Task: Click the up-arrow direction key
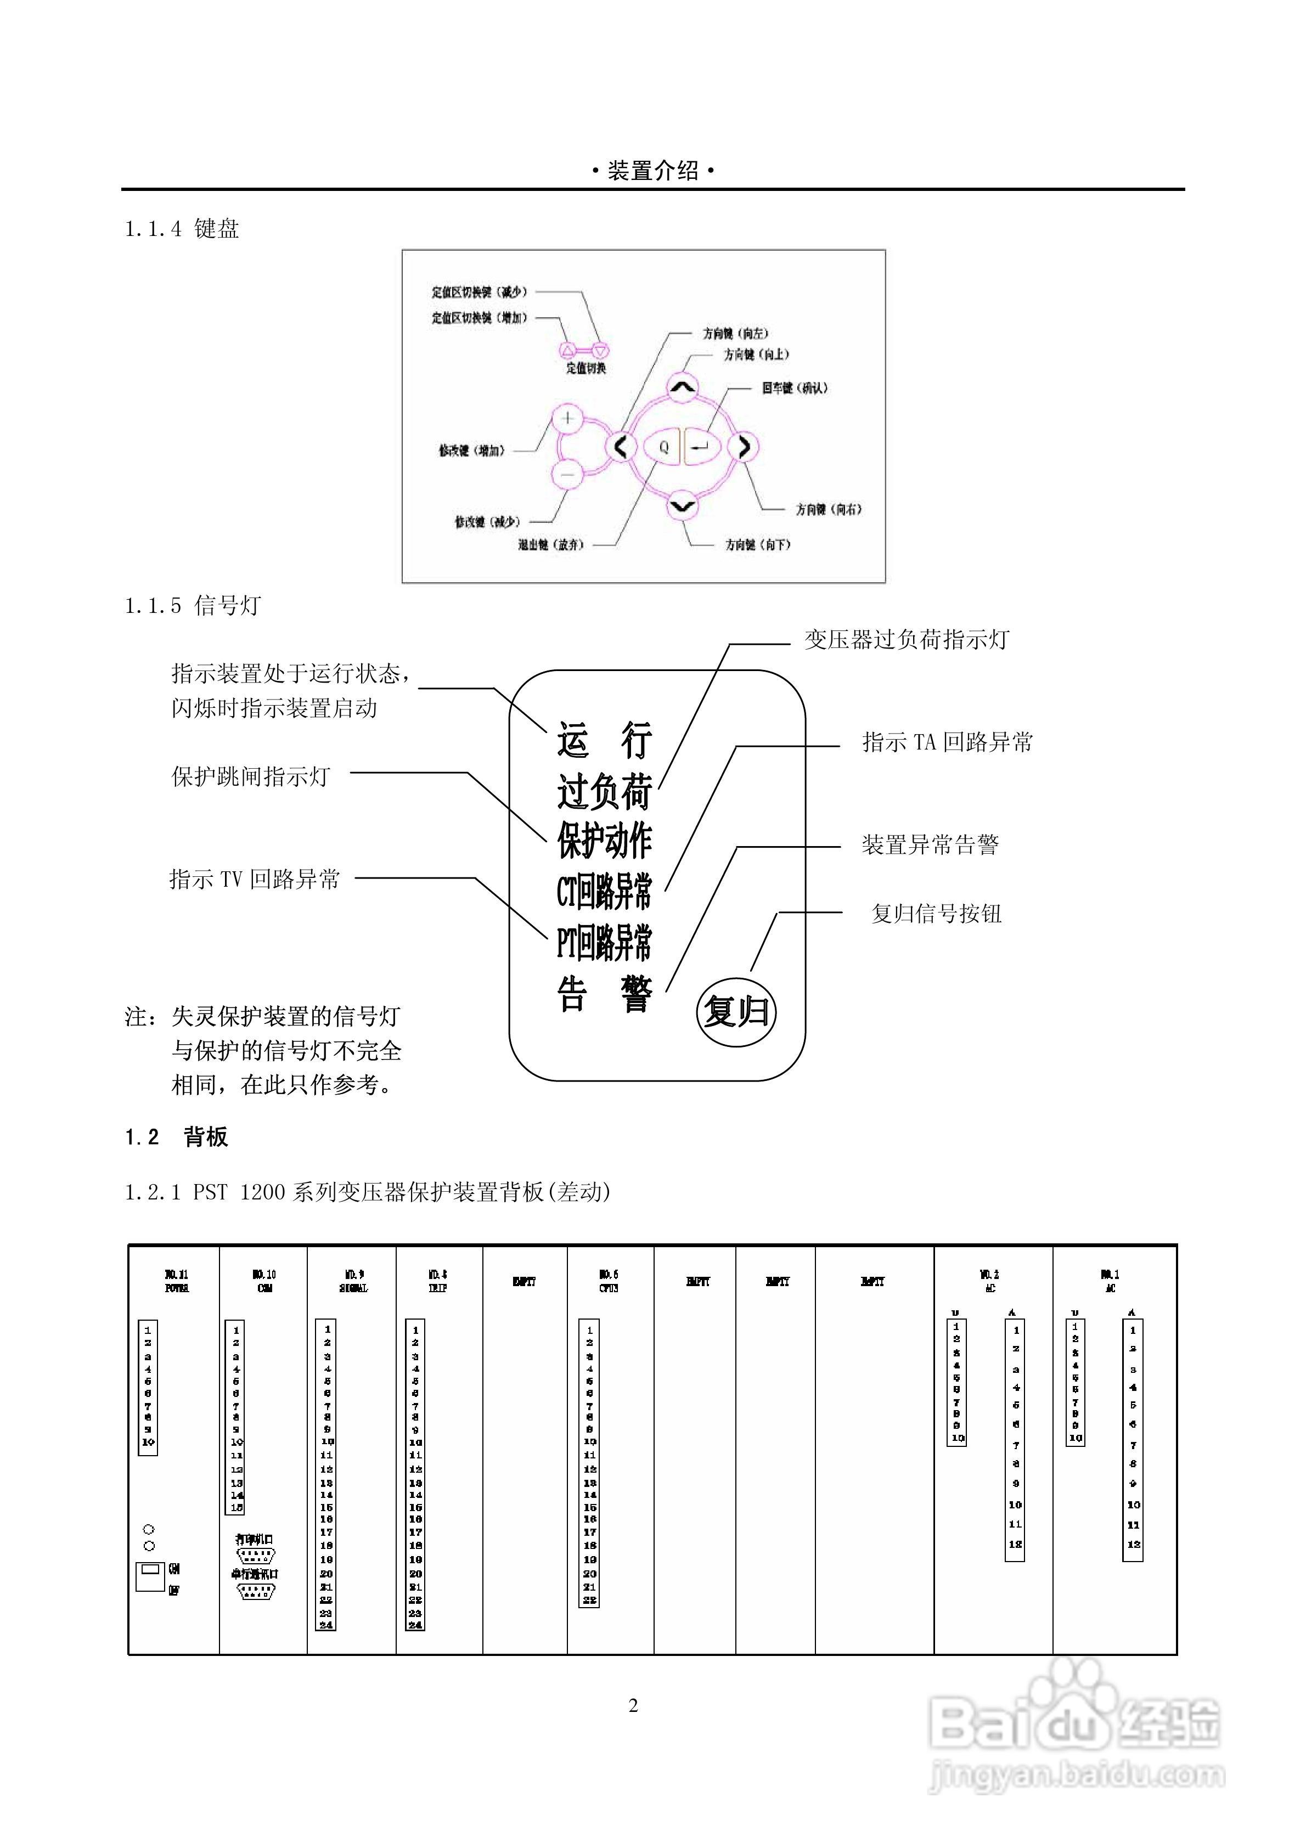683,389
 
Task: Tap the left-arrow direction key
621,446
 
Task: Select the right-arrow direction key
744,446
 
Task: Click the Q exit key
663,447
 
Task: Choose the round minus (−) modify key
567,475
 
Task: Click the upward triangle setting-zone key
567,350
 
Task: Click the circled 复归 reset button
736,1011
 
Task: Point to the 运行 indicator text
604,740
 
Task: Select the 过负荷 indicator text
604,792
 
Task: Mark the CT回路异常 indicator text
604,891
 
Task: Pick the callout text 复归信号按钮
936,914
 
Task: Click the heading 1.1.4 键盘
182,229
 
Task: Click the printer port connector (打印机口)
255,1554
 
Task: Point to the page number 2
634,1705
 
